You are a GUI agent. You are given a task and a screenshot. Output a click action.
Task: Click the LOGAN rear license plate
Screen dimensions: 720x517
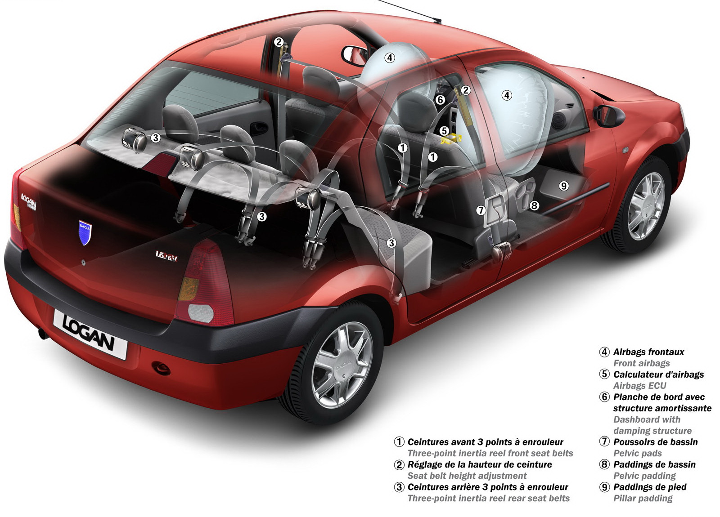tap(90, 334)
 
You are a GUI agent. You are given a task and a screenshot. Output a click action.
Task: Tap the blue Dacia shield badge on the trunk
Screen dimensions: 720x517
tap(85, 232)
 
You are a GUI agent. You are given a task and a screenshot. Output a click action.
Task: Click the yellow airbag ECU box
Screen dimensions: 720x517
tap(450, 139)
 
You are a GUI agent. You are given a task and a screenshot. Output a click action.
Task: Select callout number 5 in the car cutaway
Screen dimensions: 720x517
tap(444, 131)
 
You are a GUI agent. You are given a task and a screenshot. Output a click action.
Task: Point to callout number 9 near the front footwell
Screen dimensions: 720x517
tap(564, 186)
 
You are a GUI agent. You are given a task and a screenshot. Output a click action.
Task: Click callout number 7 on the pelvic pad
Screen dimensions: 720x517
tap(481, 210)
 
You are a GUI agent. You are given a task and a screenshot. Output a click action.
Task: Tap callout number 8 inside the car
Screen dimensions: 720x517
tap(534, 205)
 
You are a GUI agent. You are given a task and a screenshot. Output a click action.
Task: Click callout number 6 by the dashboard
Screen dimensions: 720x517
tap(441, 100)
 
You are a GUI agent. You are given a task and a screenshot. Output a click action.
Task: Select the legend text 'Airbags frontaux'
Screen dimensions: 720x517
tap(648, 352)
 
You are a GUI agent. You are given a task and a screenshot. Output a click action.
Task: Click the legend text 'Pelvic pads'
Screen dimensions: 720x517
tap(637, 454)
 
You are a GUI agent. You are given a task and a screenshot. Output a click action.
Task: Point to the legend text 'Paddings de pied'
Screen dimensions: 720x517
tap(650, 487)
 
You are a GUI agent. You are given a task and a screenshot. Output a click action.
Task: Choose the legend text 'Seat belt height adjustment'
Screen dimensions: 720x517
tap(467, 476)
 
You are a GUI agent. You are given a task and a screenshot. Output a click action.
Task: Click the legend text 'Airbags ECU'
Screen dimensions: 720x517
tap(639, 386)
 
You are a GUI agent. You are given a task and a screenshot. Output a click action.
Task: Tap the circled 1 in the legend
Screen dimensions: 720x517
tap(399, 442)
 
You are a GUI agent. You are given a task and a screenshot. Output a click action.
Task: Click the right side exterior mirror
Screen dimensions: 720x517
tap(609, 116)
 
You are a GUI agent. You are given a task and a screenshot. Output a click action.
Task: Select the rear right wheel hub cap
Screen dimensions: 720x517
tap(342, 365)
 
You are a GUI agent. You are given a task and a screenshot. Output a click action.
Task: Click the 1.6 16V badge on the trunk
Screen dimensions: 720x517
tap(166, 256)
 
